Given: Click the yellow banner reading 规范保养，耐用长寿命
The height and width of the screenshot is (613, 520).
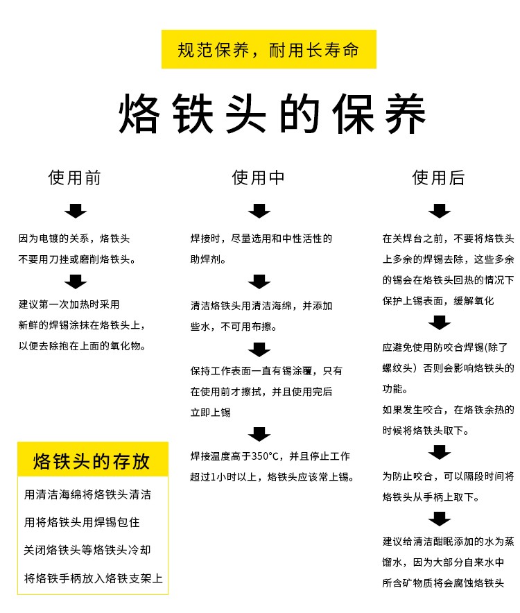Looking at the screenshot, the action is point(268,49).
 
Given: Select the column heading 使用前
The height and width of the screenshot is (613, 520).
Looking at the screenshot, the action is point(75,178).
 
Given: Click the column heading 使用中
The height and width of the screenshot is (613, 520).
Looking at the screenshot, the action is point(259,178).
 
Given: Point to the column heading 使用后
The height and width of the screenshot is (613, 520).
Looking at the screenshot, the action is point(438,178).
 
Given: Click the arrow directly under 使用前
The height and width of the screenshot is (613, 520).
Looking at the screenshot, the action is point(76,211).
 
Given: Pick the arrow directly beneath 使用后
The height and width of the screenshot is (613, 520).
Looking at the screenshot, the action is point(440,211).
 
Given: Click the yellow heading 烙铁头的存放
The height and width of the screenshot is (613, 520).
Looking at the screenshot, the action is point(92,461).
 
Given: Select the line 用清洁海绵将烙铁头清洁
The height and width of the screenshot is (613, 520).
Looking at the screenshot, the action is point(87,495).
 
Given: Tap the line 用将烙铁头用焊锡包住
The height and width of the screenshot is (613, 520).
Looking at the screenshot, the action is point(82,522).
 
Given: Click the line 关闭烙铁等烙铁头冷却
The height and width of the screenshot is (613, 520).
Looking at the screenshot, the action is point(87,550).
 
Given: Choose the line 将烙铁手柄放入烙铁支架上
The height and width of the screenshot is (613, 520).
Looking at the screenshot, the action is point(94,578).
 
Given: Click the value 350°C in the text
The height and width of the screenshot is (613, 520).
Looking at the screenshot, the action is point(268,456).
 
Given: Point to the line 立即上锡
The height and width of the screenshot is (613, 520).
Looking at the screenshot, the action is point(211,412).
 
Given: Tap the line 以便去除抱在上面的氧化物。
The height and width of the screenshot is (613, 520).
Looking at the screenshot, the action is point(83,345).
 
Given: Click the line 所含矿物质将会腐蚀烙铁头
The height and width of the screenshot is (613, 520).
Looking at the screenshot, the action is point(442,583).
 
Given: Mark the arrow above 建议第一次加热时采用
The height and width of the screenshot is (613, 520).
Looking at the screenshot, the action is point(76,282).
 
